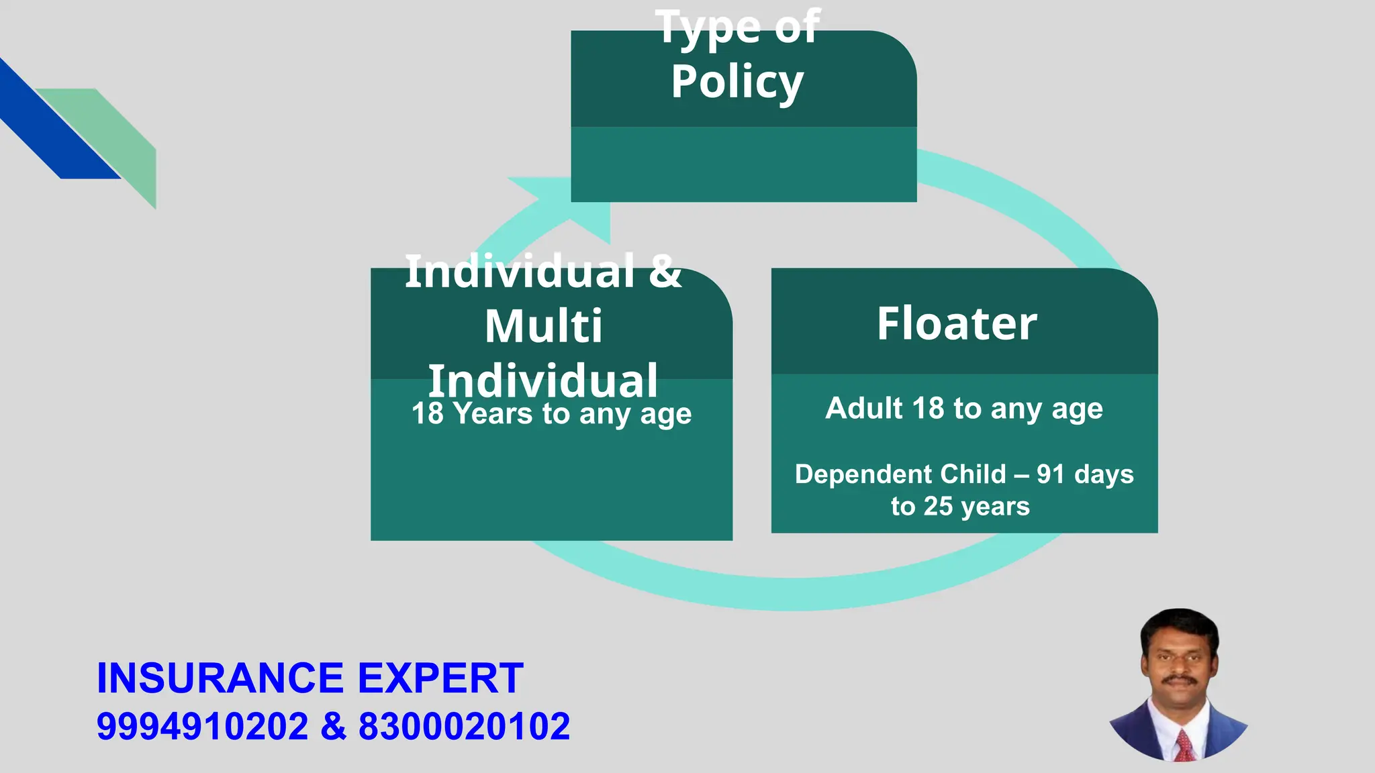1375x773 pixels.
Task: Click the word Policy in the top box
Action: point(737,82)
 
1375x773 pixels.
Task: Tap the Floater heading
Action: point(957,323)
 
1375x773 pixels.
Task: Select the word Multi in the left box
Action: point(544,326)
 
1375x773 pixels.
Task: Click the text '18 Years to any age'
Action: point(551,413)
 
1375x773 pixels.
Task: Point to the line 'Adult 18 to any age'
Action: point(964,408)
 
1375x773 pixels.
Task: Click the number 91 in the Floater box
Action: point(1051,474)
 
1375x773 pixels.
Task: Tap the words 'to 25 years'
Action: point(960,506)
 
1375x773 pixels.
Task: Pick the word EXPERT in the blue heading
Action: point(440,678)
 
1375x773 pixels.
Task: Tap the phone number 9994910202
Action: point(202,727)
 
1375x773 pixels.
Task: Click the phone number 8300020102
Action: point(464,727)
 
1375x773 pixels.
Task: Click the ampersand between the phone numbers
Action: point(334,727)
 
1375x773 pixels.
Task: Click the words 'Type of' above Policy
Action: point(737,27)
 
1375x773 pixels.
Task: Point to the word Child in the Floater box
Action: point(974,474)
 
